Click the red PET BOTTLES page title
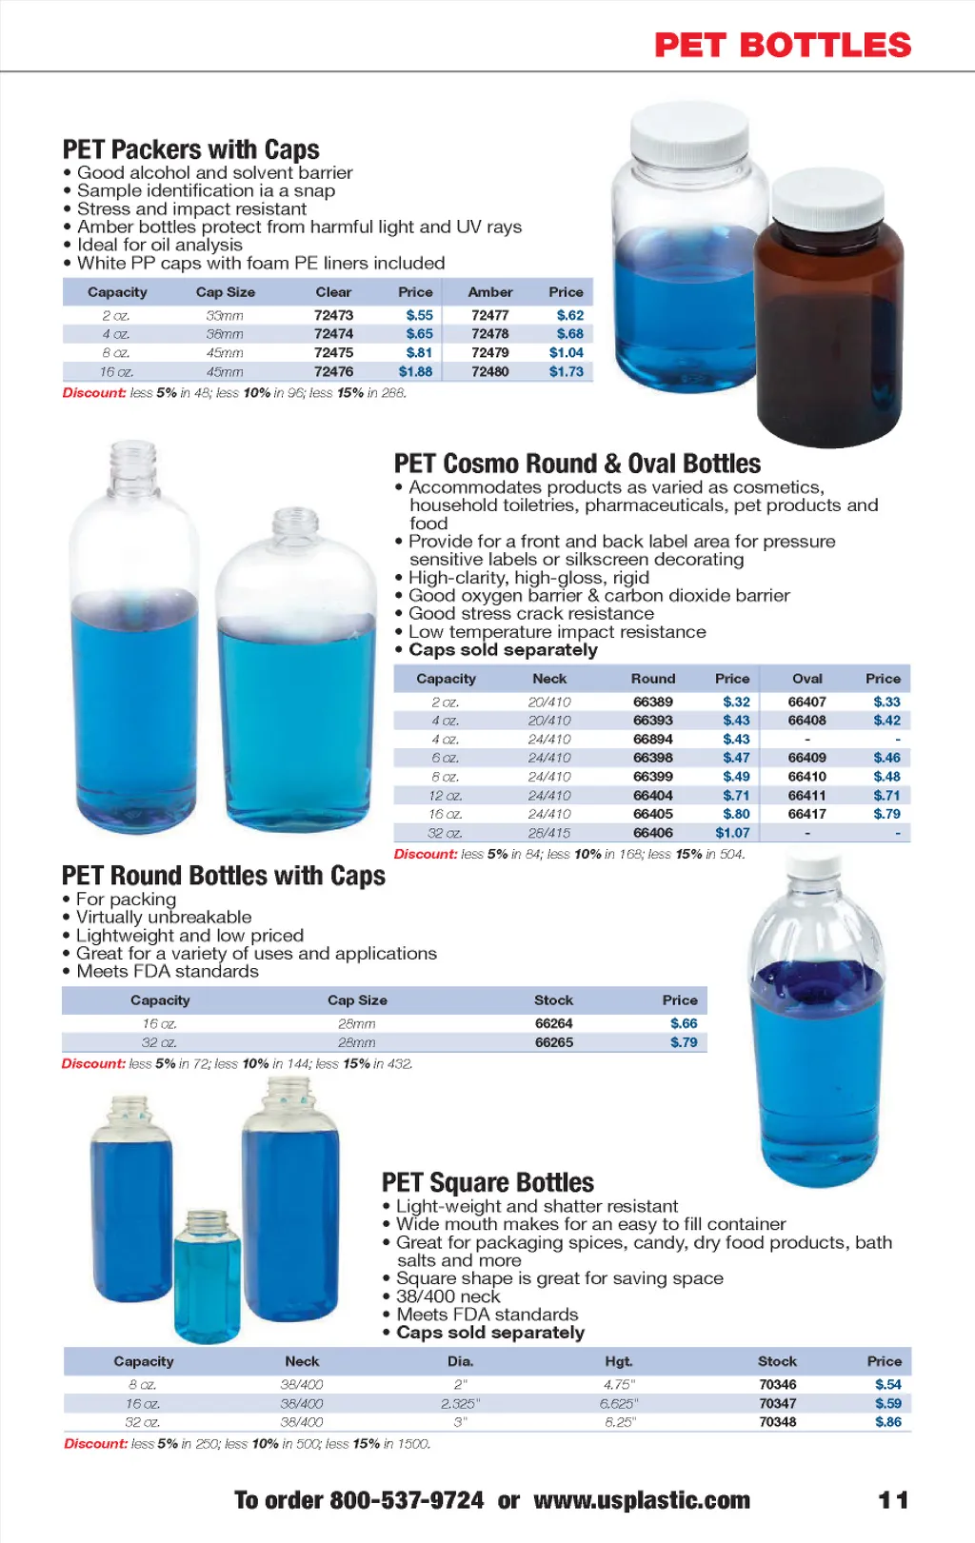[x=783, y=45]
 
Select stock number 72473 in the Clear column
[x=333, y=315]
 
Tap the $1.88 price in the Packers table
[x=415, y=371]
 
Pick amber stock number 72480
[x=489, y=371]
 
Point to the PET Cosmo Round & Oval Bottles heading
[x=577, y=464]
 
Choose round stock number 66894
[x=652, y=739]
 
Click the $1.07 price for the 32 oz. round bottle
[x=732, y=833]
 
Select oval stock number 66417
[x=806, y=814]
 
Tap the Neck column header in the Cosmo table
[x=549, y=679]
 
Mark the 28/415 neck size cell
[x=549, y=833]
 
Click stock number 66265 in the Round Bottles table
[x=553, y=1042]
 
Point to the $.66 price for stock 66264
[x=684, y=1023]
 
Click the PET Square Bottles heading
[x=487, y=1182]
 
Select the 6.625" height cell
[x=619, y=1403]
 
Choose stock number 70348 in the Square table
[x=777, y=1422]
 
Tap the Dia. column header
[x=461, y=1361]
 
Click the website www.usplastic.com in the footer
[x=642, y=1500]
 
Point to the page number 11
[x=892, y=1500]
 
